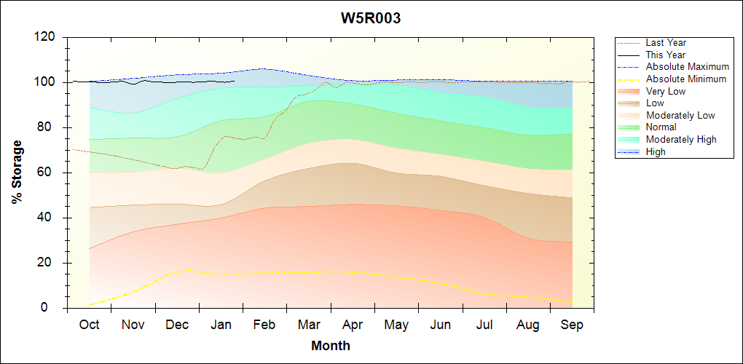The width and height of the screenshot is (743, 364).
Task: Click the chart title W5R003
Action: pos(371,18)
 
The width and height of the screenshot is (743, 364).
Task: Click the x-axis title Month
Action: pos(330,345)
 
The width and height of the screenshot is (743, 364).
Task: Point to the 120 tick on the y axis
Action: pos(46,37)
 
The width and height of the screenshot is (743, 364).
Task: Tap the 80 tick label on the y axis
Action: pos(50,127)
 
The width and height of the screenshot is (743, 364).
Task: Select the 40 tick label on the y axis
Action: pos(50,218)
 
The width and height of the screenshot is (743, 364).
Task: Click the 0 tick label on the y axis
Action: pos(53,308)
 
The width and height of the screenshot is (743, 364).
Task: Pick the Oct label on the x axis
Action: pos(89,325)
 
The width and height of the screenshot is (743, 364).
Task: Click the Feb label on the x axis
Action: pos(264,325)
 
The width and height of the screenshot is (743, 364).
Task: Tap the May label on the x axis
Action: pos(396,325)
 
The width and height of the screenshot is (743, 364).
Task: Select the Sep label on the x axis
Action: pos(572,325)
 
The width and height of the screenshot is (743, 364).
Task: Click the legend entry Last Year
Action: pos(665,43)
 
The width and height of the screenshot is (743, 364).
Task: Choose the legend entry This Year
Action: pos(665,55)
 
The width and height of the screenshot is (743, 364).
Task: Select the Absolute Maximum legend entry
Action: pos(687,67)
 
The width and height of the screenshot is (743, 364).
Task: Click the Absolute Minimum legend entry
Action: pos(685,79)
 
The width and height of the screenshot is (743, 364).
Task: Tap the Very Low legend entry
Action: pos(665,91)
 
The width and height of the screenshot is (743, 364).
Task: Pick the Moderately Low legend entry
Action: pos(680,115)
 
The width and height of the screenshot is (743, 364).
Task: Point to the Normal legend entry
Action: pos(661,127)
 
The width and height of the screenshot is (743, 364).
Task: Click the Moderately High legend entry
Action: pos(681,139)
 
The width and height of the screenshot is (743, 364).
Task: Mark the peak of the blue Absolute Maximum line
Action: pos(262,68)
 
